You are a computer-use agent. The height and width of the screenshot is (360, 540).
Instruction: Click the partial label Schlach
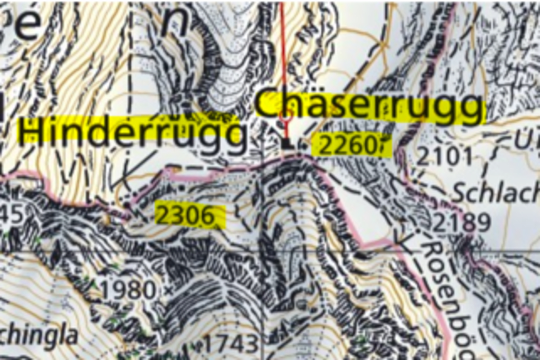[x=495, y=193]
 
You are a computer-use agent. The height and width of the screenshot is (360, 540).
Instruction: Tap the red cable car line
[x=283, y=54]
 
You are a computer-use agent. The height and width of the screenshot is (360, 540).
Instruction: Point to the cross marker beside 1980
[x=169, y=292]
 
